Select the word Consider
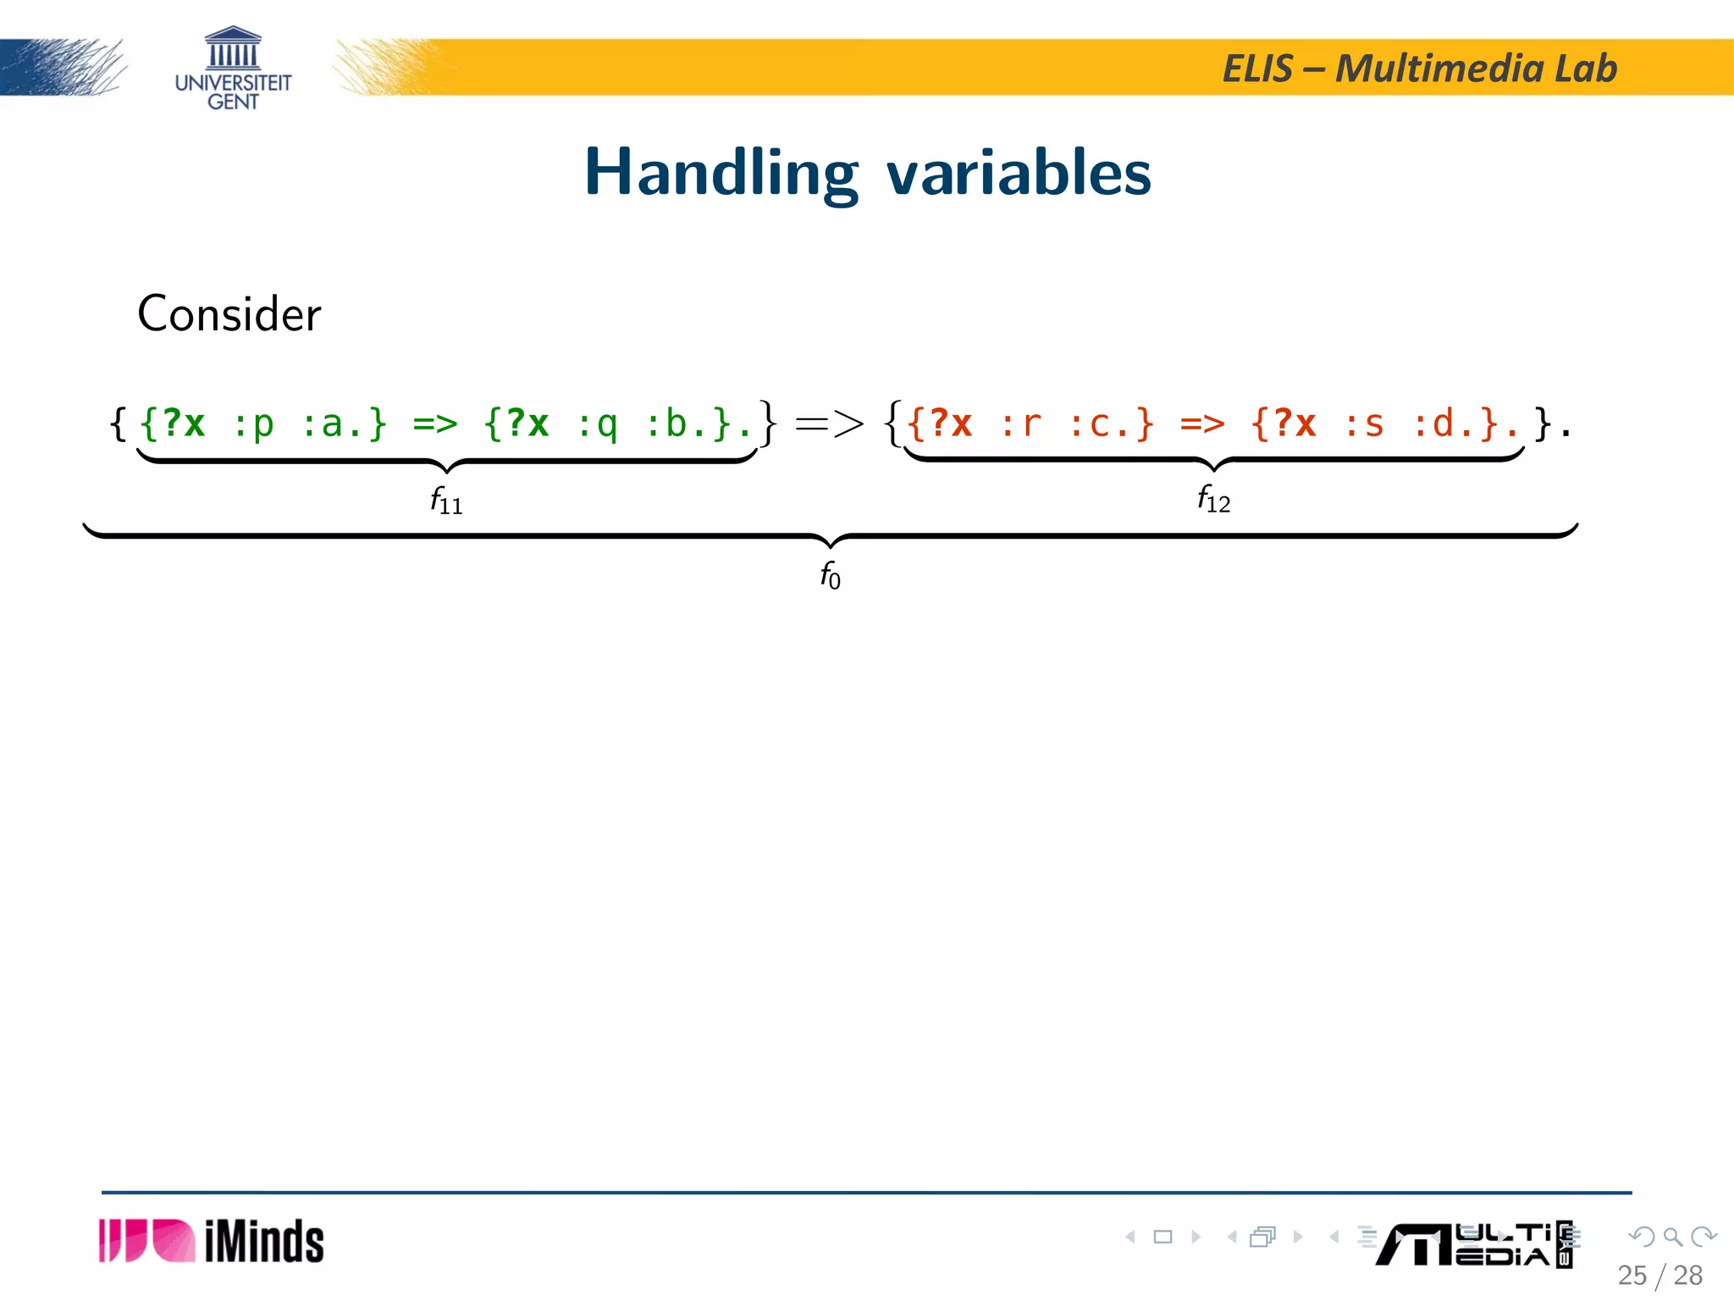pos(229,314)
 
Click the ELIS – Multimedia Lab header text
pos(1419,69)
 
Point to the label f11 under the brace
pos(446,501)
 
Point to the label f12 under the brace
pos(1213,499)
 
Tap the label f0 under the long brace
pos(830,575)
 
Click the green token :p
pos(253,424)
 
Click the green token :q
pos(597,424)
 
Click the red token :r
pos(1020,424)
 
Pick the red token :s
pos(1364,424)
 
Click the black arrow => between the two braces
pos(830,423)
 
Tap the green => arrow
pos(435,424)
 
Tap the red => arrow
pos(1202,424)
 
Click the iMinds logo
pos(212,1242)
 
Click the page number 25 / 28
pos(1659,1276)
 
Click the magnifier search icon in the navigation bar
pos(1672,1237)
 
